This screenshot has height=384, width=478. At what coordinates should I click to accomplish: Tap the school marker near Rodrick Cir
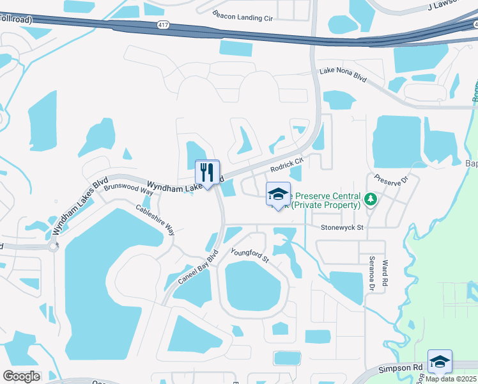(x=278, y=195)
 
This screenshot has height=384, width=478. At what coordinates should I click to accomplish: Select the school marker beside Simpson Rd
(x=440, y=362)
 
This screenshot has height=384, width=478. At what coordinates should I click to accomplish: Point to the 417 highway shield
(x=163, y=24)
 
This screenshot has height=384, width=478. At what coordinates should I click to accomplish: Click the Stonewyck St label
(x=342, y=227)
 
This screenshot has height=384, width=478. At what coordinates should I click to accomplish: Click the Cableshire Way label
(x=155, y=220)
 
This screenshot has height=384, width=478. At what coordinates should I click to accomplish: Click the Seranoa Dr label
(x=369, y=274)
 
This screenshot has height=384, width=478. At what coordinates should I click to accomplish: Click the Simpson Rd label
(x=401, y=368)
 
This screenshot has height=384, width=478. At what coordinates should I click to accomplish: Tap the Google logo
(x=20, y=376)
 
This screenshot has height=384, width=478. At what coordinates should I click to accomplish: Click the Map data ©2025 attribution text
(x=451, y=379)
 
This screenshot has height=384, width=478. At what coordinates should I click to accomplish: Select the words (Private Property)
(x=326, y=205)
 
